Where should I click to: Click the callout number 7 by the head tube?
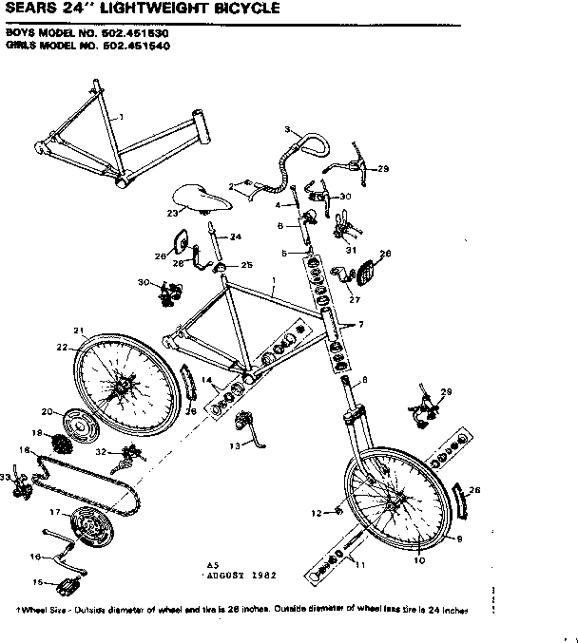(x=360, y=325)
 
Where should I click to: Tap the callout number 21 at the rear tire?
(x=79, y=331)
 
